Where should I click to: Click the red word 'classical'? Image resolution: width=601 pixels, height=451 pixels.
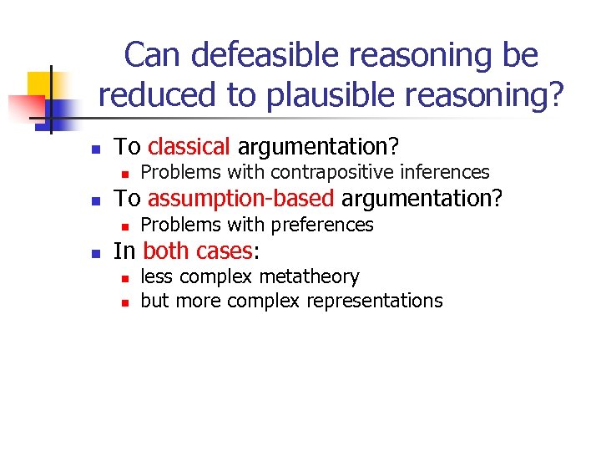[189, 147]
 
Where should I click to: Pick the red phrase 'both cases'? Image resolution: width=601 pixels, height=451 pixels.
[198, 251]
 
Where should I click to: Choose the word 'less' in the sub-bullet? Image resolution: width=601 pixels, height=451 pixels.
[157, 276]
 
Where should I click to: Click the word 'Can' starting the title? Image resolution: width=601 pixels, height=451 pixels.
[154, 56]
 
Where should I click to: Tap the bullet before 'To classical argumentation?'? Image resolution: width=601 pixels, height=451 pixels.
[96, 149]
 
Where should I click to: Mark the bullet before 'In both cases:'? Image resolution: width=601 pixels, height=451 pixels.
[96, 253]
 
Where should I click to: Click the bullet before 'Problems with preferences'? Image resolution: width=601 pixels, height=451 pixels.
[122, 226]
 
